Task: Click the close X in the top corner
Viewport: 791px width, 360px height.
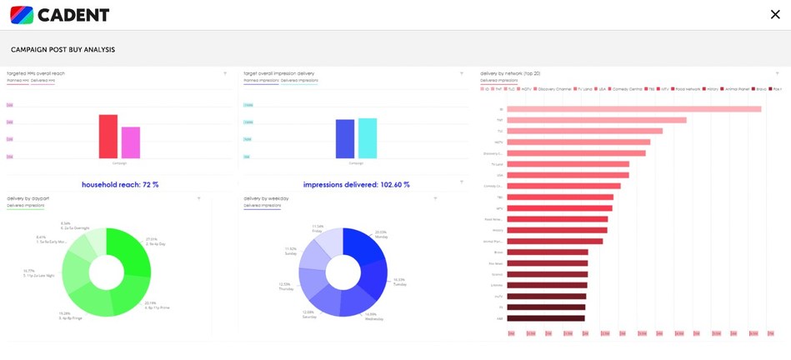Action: click(x=775, y=13)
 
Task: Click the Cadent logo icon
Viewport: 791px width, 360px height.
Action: click(x=21, y=14)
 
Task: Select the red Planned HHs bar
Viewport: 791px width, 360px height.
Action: click(x=108, y=136)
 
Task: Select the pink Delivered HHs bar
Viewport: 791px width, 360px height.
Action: click(x=131, y=142)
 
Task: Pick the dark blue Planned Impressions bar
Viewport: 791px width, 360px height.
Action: click(x=345, y=138)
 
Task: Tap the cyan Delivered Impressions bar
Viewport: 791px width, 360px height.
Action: click(x=367, y=137)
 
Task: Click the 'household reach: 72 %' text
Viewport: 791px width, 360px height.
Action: click(x=120, y=184)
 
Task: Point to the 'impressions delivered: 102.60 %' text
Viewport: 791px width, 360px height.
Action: click(x=356, y=184)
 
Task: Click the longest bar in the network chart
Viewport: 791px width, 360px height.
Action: click(x=633, y=109)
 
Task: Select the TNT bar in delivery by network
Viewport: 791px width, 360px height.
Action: click(x=597, y=120)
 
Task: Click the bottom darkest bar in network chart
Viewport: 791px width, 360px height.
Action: click(x=546, y=317)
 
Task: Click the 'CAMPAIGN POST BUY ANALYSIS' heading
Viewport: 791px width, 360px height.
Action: click(x=63, y=50)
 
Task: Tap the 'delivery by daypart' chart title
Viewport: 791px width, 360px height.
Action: click(x=31, y=198)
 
